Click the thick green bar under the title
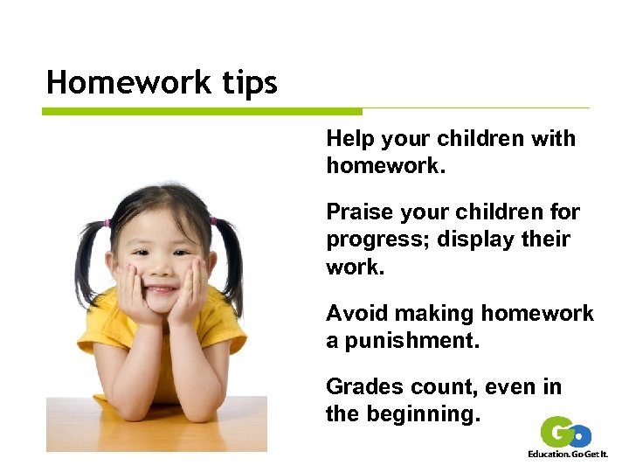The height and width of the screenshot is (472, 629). point(202,112)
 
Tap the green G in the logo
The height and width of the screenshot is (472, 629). point(556,432)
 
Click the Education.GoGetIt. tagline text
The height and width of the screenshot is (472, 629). point(568,454)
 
